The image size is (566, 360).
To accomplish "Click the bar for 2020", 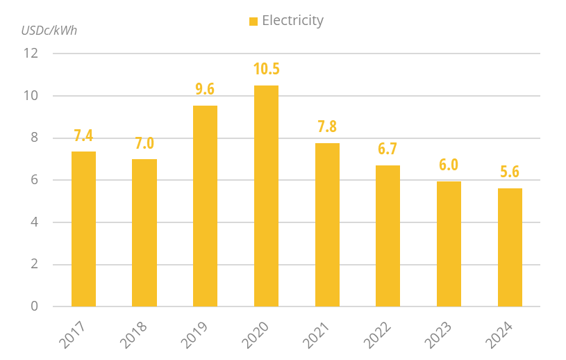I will click(x=266, y=196).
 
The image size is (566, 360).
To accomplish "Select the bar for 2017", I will click(x=83, y=229).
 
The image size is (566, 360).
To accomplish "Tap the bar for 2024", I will click(x=510, y=247).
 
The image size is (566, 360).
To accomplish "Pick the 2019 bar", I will click(x=205, y=206).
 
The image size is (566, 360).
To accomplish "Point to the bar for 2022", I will click(x=388, y=236).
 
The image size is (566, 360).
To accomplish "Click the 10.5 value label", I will click(x=266, y=69).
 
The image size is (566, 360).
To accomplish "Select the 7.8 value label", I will click(x=327, y=126).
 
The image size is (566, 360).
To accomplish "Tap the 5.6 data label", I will click(x=510, y=172).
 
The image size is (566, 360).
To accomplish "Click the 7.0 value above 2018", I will click(x=144, y=143).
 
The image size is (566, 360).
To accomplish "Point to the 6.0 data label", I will click(x=449, y=165).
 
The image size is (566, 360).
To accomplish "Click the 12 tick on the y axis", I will click(x=31, y=54).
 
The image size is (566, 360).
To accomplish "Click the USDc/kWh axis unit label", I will click(x=49, y=31).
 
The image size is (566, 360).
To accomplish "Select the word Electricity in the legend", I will click(x=292, y=21).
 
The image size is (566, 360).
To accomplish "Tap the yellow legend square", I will click(x=253, y=22).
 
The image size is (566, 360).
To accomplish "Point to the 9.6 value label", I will click(x=205, y=89).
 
